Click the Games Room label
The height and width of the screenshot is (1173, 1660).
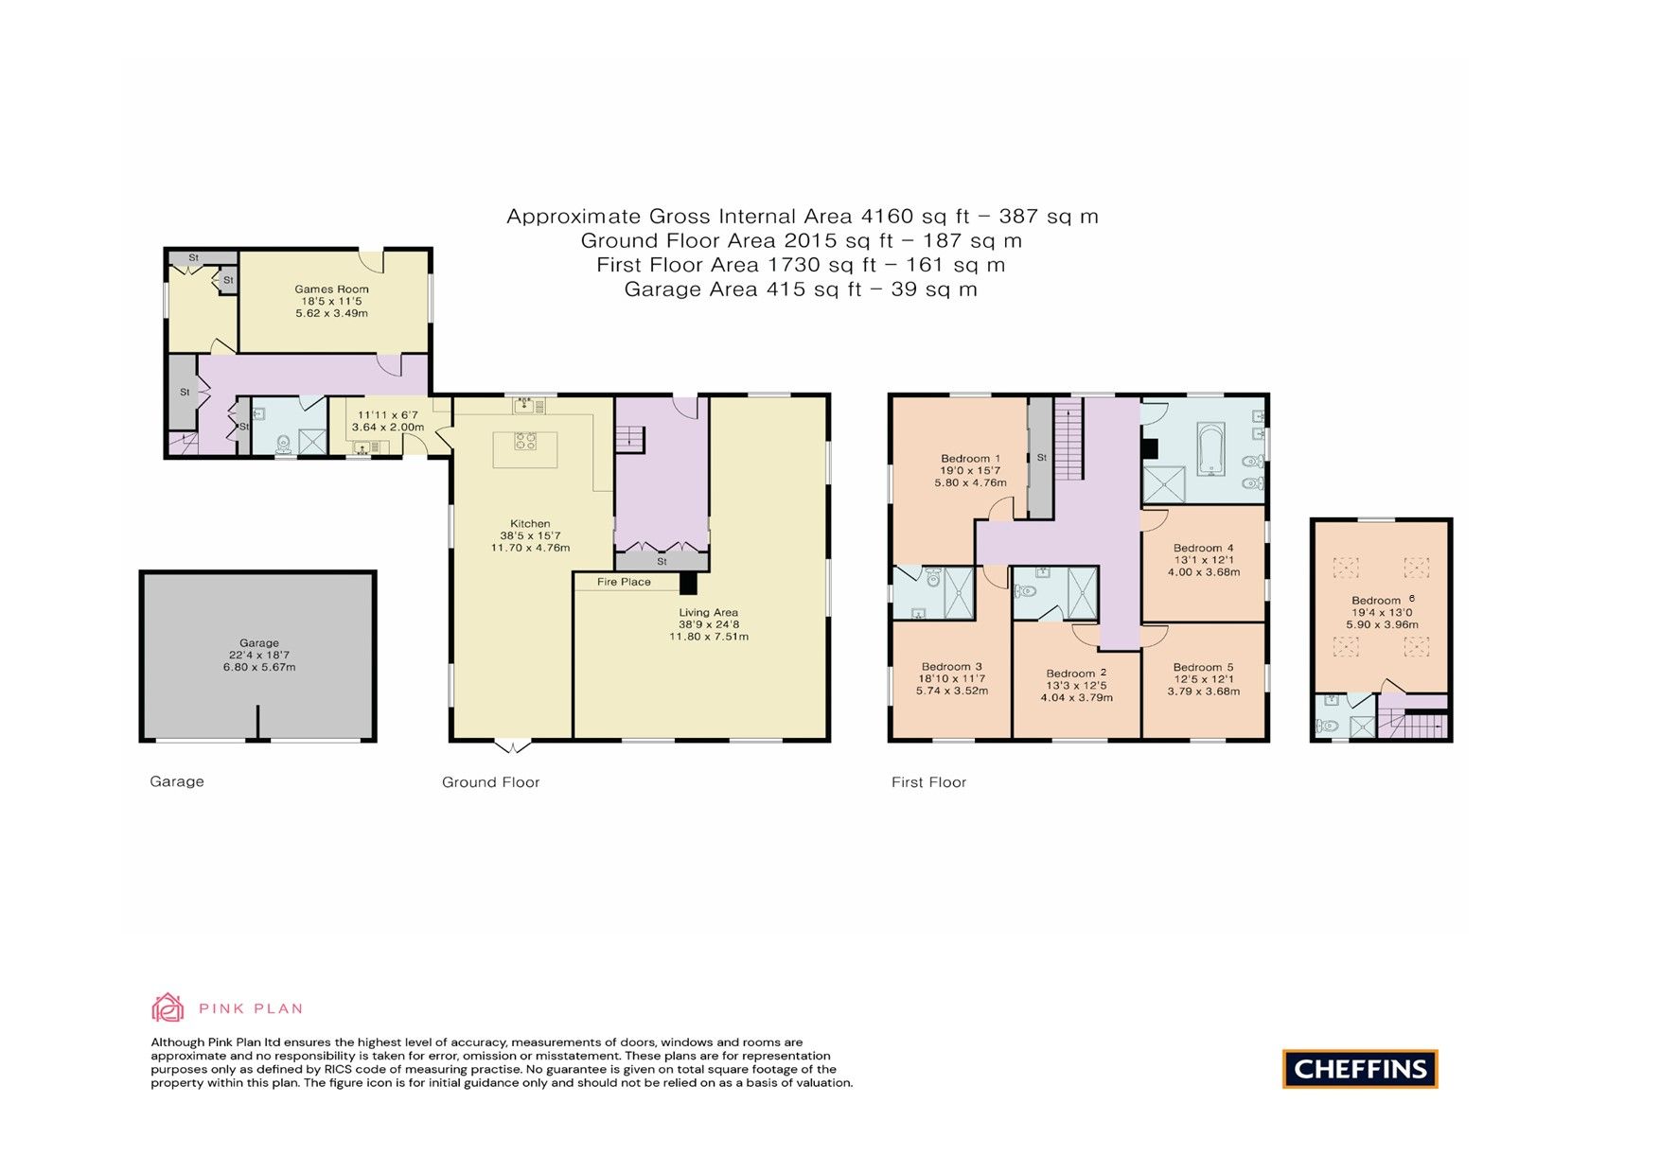pyautogui.click(x=331, y=289)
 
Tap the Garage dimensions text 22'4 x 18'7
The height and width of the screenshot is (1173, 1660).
pyautogui.click(x=258, y=655)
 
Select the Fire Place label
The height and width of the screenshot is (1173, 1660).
pyautogui.click(x=624, y=582)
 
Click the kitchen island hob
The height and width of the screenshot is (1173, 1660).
pyautogui.click(x=525, y=442)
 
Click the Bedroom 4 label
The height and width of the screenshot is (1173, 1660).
pyautogui.click(x=1203, y=548)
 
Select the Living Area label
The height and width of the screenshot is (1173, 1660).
pyautogui.click(x=708, y=612)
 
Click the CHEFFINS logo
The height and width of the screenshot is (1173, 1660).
pyautogui.click(x=1360, y=1069)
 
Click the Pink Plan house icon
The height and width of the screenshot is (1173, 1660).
pyautogui.click(x=168, y=1007)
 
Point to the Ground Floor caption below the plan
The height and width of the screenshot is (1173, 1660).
pyautogui.click(x=490, y=782)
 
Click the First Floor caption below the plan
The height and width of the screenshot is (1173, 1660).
pyautogui.click(x=928, y=782)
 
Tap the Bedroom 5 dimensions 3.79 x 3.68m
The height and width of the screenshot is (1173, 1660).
pyautogui.click(x=1203, y=692)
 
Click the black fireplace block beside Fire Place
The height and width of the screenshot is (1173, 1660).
pyautogui.click(x=688, y=583)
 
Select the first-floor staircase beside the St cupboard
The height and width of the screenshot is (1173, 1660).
pyautogui.click(x=1068, y=439)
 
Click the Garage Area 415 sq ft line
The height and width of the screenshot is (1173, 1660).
pyautogui.click(x=801, y=289)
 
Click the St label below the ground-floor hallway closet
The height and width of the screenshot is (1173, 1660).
pyautogui.click(x=662, y=562)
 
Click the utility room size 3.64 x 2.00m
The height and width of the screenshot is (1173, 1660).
pyautogui.click(x=387, y=428)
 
